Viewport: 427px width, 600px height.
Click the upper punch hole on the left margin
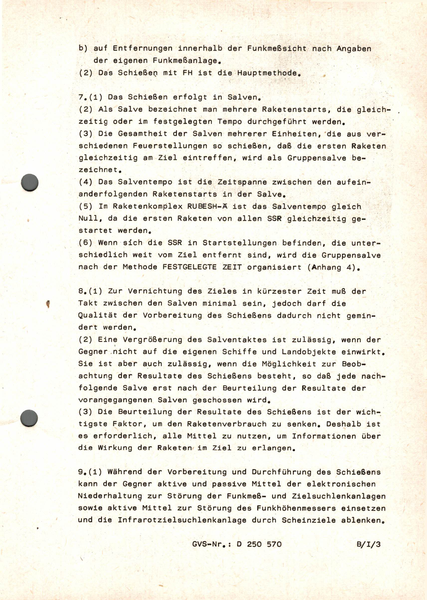29,183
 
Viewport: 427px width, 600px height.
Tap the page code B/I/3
368,544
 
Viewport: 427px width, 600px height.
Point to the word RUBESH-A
207,206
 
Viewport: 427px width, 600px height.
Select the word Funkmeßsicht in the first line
277,49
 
